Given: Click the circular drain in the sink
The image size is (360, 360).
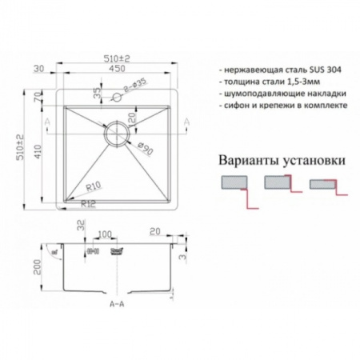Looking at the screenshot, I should click(x=117, y=133).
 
